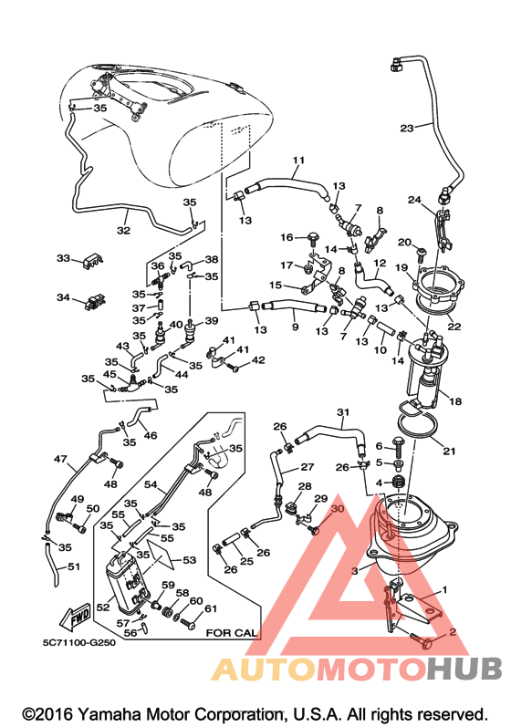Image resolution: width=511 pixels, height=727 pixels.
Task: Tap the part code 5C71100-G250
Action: coord(78,643)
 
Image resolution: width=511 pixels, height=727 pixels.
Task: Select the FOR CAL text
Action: coord(231,632)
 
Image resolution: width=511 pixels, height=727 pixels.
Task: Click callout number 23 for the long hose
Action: coord(407,128)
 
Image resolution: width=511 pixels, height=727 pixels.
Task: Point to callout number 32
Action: coord(123,230)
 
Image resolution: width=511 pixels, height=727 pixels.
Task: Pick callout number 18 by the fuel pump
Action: coord(455,401)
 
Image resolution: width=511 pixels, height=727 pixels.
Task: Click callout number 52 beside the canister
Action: coord(102,607)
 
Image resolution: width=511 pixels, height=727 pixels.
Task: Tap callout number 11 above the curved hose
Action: coord(298,161)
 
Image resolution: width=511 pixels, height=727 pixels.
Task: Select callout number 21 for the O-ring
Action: coord(449,451)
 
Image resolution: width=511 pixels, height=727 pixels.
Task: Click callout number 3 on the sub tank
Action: coord(355,571)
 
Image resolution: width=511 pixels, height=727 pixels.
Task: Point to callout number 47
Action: coord(60,459)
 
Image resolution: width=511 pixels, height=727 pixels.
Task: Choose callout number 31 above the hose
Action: coord(343,412)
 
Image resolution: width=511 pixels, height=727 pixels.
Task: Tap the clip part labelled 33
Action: coord(92,260)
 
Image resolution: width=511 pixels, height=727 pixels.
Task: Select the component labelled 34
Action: coord(95,301)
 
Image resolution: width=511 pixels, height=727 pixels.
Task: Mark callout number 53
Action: coord(189,560)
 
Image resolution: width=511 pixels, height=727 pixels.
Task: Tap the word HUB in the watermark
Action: coord(464,669)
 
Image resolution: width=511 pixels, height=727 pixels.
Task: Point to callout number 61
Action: coord(211,608)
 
